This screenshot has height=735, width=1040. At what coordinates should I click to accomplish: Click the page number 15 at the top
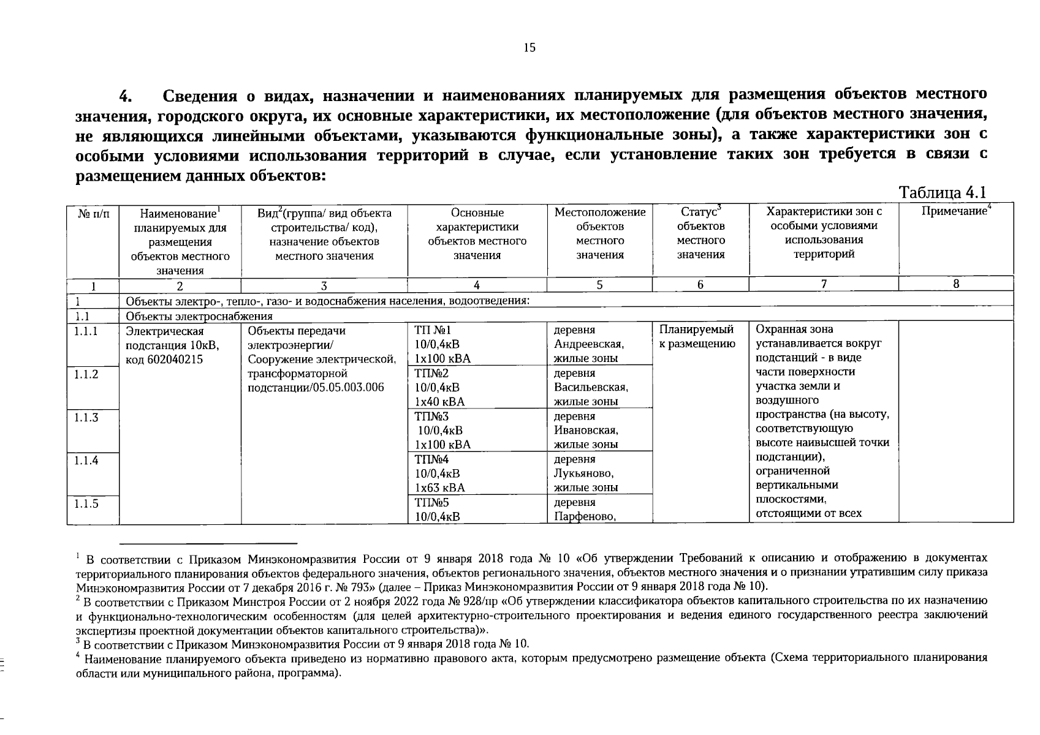click(x=529, y=48)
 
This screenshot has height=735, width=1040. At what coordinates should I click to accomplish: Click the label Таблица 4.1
click(x=942, y=192)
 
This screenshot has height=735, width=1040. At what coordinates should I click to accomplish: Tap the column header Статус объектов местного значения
click(x=700, y=233)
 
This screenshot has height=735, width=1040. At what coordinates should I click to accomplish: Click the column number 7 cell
click(x=824, y=284)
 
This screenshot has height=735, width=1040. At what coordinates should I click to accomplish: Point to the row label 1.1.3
click(x=86, y=418)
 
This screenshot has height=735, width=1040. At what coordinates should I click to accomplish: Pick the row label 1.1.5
click(x=86, y=503)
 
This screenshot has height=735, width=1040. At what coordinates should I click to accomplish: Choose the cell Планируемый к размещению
click(x=697, y=337)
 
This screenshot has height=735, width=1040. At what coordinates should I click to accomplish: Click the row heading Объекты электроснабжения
click(x=199, y=317)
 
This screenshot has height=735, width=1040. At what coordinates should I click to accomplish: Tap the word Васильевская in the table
click(x=591, y=388)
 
